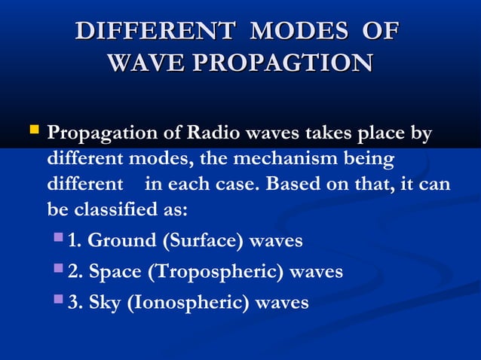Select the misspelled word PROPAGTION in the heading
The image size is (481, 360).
(x=279, y=63)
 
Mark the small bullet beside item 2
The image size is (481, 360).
(x=60, y=270)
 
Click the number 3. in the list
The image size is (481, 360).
(x=75, y=303)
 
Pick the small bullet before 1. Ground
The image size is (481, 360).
(x=60, y=239)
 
